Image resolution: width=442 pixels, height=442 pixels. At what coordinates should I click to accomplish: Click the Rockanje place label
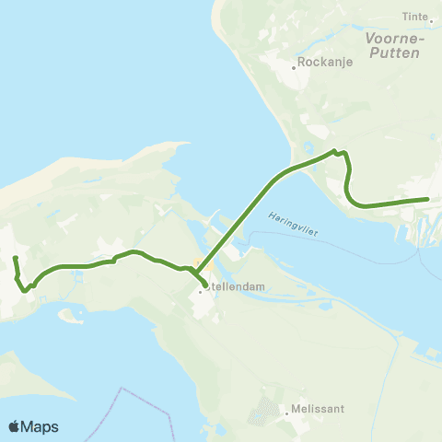point(321,66)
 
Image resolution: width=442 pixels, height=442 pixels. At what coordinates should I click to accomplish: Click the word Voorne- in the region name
point(394,39)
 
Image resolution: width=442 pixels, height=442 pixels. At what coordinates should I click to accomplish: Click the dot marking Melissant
point(287,413)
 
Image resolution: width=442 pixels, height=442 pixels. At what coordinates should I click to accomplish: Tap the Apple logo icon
point(15,426)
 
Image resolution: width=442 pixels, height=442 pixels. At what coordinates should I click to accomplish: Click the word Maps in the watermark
point(41,426)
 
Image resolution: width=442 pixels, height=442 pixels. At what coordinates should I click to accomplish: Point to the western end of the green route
point(16,257)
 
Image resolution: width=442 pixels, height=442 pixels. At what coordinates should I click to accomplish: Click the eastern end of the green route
point(427,198)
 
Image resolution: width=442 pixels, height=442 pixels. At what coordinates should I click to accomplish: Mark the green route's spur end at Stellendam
point(204,285)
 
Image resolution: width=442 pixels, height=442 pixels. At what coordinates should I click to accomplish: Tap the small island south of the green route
point(70,316)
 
